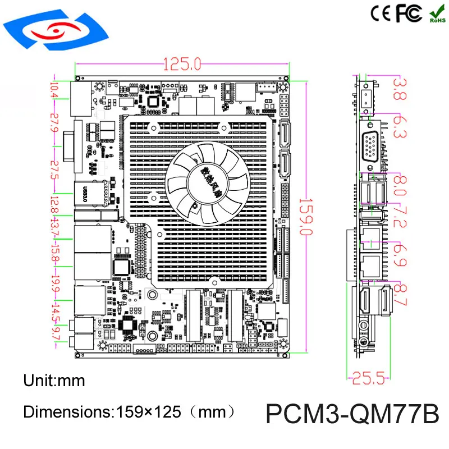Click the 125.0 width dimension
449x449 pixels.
[x=182, y=65]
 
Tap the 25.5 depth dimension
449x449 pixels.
[x=369, y=379]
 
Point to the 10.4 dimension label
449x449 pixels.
[x=54, y=90]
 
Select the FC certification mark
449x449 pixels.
[x=409, y=13]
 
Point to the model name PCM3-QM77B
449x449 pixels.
[x=352, y=415]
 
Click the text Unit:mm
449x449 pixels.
[x=54, y=381]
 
